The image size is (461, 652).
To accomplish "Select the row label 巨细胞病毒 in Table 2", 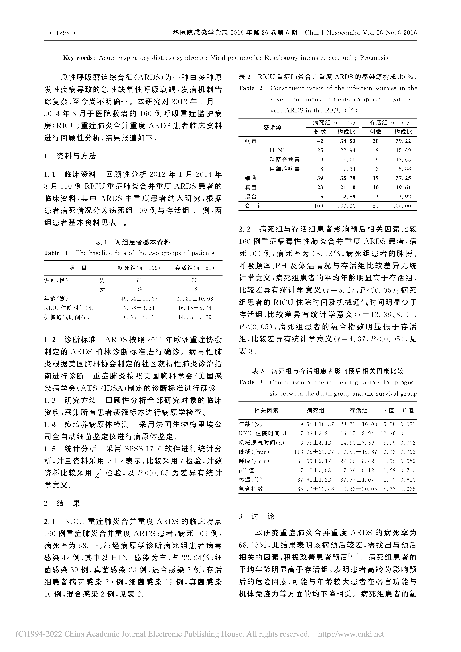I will click(285, 169).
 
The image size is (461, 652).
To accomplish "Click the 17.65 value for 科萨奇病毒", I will click(403, 160).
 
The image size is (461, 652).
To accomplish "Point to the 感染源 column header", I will click(272, 127).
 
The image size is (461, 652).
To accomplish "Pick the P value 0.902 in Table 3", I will click(408, 452).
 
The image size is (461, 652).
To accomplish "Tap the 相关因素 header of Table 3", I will click(266, 410).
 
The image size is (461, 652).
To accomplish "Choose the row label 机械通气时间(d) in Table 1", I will click(67, 317).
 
